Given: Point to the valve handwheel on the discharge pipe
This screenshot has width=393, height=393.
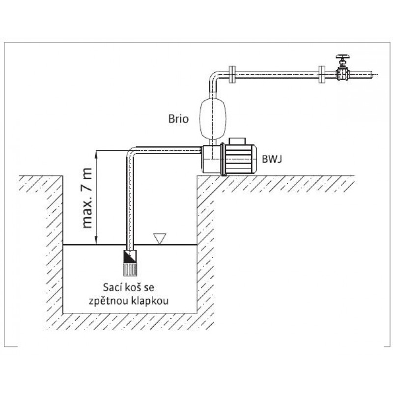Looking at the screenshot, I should pyautogui.click(x=342, y=57).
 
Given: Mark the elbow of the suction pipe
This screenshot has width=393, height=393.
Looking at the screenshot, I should pyautogui.click(x=133, y=151).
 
